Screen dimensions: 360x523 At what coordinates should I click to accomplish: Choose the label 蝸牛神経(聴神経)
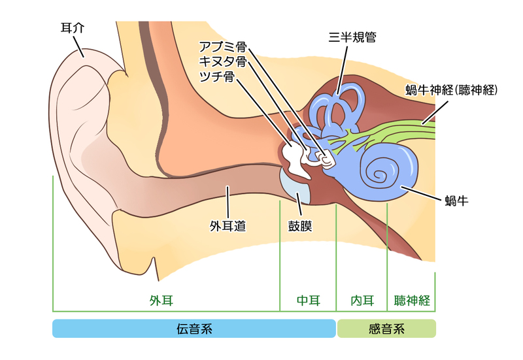[452, 90]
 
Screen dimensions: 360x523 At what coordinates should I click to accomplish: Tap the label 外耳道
[228, 227]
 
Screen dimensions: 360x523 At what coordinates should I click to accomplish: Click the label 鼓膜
[300, 227]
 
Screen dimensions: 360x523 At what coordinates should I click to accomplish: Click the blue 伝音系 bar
[194, 329]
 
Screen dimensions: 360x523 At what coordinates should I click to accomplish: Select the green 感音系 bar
[386, 329]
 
